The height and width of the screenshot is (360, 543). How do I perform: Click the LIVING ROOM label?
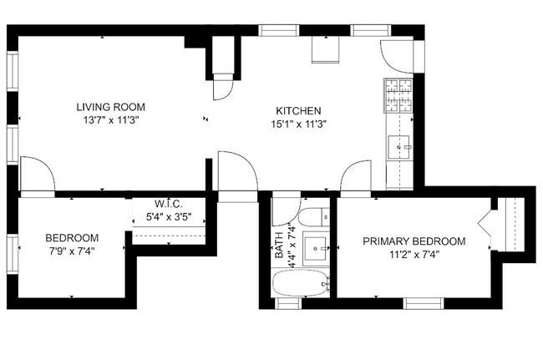pos(111,107)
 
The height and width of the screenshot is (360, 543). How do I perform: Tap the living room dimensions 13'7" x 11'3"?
pos(111,120)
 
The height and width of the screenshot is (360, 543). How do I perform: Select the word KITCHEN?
pos(299,111)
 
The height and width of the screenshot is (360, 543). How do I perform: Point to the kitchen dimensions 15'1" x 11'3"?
pos(299,124)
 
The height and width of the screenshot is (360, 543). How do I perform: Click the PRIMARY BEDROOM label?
pos(414,241)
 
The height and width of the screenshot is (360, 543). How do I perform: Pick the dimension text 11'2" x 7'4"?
pos(414,255)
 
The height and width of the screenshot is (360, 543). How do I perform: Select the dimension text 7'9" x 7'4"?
pos(72,251)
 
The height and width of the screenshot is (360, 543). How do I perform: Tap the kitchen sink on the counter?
pos(399,147)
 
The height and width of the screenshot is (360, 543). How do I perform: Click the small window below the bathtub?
pos(288,302)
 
